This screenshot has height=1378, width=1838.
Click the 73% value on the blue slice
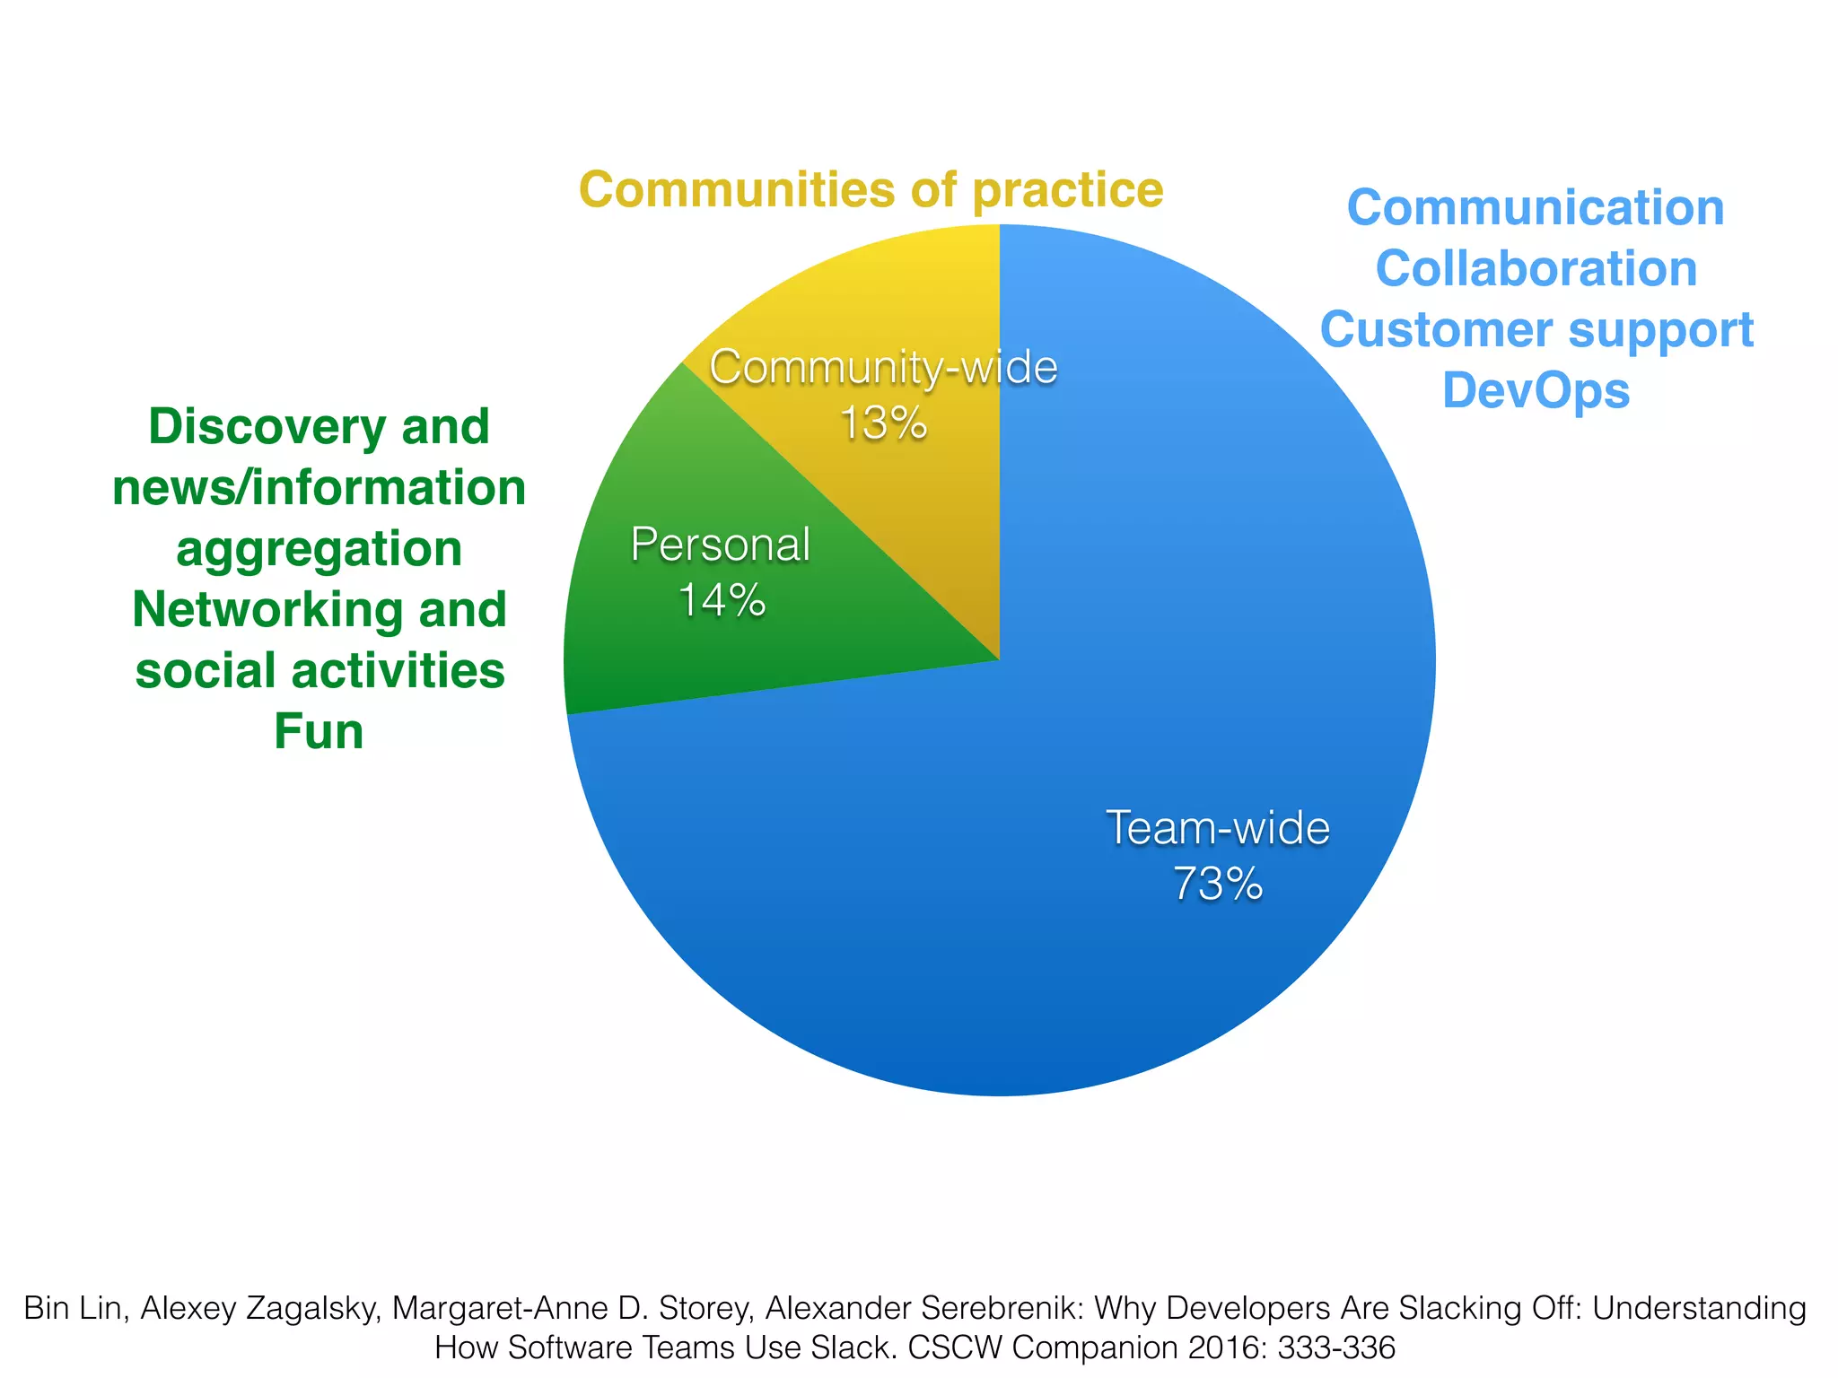[x=1218, y=884]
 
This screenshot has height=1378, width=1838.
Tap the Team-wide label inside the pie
[x=1218, y=827]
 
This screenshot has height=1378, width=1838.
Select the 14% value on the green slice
[x=722, y=600]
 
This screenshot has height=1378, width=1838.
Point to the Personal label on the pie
[x=721, y=545]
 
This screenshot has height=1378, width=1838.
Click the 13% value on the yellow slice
[x=883, y=423]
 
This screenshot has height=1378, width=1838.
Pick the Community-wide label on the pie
[x=883, y=368]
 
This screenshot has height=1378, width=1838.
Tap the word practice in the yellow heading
[x=1068, y=190]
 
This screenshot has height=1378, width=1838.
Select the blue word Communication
[x=1536, y=208]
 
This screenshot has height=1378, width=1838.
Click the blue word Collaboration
[x=1536, y=269]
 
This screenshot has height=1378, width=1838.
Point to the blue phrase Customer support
[x=1536, y=330]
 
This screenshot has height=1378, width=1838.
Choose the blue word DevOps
[x=1536, y=391]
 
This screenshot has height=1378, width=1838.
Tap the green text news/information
[x=319, y=488]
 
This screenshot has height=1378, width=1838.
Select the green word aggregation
[x=319, y=549]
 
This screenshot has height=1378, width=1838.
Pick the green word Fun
[x=319, y=732]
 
